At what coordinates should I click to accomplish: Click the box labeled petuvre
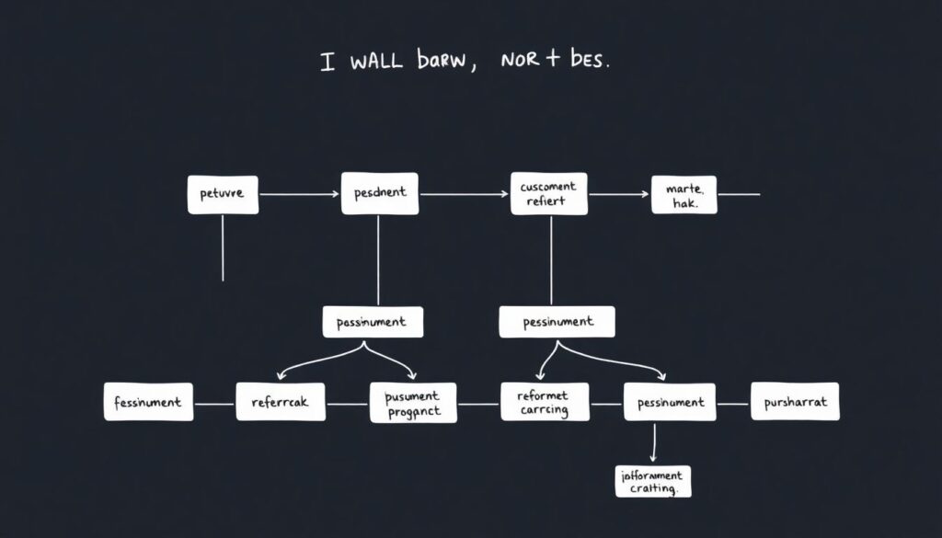click(x=223, y=195)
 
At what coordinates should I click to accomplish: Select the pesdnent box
click(x=379, y=194)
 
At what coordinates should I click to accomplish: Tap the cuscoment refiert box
click(x=548, y=194)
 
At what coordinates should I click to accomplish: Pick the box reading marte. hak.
click(x=684, y=195)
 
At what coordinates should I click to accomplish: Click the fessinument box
click(x=148, y=402)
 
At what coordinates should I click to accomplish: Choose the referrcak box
click(x=281, y=402)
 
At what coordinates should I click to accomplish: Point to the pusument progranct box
click(x=412, y=402)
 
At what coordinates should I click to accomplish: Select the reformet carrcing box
click(x=542, y=402)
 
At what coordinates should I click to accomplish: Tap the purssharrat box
click(x=795, y=402)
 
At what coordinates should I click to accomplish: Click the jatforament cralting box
click(x=652, y=482)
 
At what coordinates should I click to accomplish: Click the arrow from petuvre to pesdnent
click(x=299, y=195)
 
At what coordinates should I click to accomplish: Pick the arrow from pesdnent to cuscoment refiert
click(x=464, y=195)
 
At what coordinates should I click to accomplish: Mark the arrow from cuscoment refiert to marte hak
click(x=618, y=195)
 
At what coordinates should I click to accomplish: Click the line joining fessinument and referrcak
click(x=214, y=403)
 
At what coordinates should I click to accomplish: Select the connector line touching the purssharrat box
click(x=734, y=403)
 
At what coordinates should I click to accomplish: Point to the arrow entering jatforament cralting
click(x=652, y=446)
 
